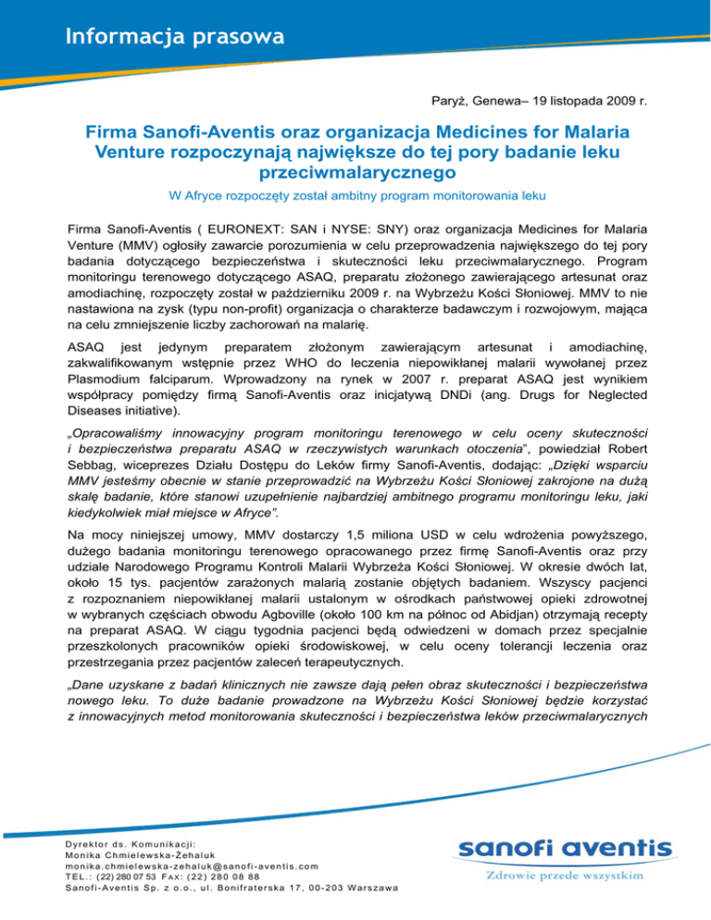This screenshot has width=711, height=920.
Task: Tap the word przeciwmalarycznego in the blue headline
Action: tap(355, 171)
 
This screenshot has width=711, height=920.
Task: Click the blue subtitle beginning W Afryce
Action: tap(355, 196)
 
